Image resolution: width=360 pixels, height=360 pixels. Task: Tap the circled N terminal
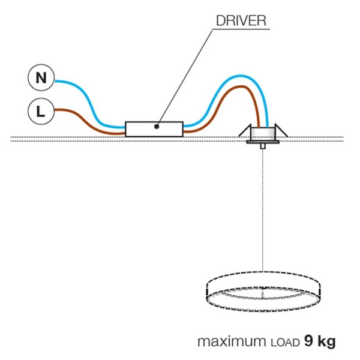(40, 78)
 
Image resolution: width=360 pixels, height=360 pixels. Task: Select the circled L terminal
(40, 110)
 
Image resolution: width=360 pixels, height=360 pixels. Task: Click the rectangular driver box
(154, 128)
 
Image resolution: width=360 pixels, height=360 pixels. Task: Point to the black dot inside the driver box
(156, 126)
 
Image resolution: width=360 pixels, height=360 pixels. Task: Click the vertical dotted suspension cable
(263, 210)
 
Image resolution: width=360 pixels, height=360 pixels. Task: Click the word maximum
(226, 342)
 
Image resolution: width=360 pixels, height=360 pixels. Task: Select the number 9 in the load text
(308, 342)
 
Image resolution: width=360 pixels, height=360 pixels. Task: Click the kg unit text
(326, 343)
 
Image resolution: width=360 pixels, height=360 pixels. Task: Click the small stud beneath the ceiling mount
(263, 146)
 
